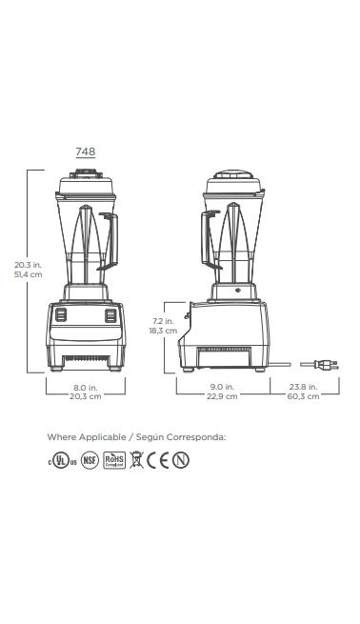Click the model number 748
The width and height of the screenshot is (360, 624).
click(x=86, y=151)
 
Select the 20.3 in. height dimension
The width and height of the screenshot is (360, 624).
click(x=28, y=265)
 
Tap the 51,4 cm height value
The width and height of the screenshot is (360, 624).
click(x=28, y=274)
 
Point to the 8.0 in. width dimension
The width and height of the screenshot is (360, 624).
click(x=86, y=387)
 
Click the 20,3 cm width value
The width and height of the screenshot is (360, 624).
click(x=86, y=396)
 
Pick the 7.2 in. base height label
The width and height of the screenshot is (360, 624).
click(x=163, y=321)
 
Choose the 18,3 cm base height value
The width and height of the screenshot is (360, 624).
click(x=163, y=331)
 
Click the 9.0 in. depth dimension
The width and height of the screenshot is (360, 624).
click(x=222, y=387)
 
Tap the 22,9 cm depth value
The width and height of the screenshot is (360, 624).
click(x=222, y=396)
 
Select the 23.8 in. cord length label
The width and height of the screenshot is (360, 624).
click(x=303, y=387)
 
